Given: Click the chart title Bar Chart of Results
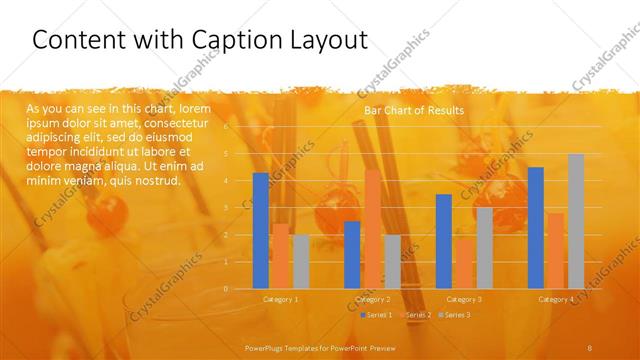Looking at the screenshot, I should (x=414, y=110).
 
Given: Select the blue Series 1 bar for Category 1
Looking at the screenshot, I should (x=261, y=230).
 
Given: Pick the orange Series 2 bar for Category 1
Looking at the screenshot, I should (x=281, y=256).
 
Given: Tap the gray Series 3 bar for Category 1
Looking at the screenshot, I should (x=301, y=261).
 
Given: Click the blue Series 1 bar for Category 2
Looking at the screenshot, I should (x=352, y=254).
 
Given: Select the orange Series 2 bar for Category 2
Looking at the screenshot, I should (x=372, y=229).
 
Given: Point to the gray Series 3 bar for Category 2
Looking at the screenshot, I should (x=392, y=261).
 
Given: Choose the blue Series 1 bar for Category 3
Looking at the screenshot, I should (x=444, y=241).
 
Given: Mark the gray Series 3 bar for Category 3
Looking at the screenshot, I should (x=484, y=248).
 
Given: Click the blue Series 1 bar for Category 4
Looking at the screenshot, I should (x=536, y=227).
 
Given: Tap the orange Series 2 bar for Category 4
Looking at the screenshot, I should (x=556, y=250).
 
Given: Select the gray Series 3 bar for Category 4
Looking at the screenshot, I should (x=576, y=221).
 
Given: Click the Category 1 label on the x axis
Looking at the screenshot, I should (x=281, y=299).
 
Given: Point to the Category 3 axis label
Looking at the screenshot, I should (x=464, y=299).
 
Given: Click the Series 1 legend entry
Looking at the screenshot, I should (x=376, y=315).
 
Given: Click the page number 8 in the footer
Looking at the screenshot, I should (x=590, y=347).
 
